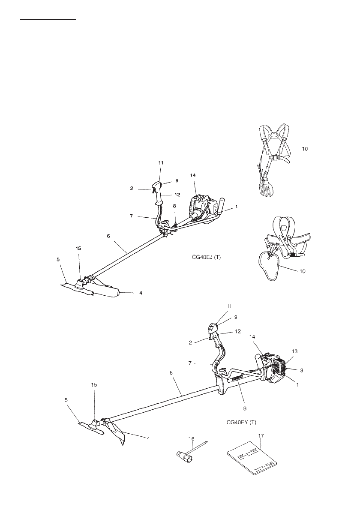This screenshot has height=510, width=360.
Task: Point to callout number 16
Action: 191,439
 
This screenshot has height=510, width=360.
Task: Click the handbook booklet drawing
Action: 252,461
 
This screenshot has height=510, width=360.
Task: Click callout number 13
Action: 294,351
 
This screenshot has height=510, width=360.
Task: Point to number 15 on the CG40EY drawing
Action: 95,385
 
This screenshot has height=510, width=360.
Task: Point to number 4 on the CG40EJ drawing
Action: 141,293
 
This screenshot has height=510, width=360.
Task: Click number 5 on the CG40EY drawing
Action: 66,400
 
